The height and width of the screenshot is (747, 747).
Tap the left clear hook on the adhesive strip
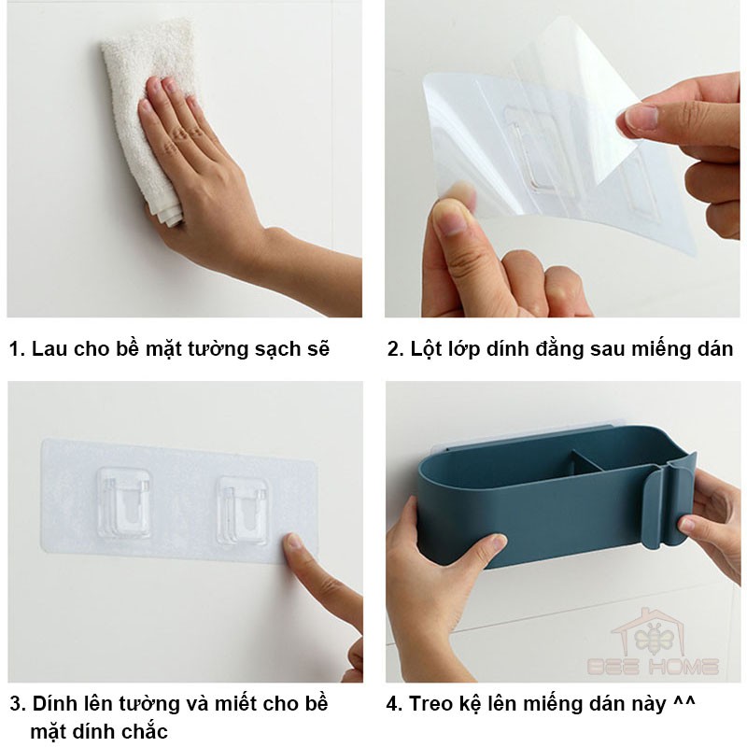124,502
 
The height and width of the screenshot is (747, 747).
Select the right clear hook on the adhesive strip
242,510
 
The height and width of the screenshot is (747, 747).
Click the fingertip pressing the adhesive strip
292,543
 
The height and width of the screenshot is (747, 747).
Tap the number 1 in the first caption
14,349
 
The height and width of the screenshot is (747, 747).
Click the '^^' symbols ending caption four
684,701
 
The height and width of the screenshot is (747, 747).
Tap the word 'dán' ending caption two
715,348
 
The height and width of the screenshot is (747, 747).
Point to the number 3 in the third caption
15,704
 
